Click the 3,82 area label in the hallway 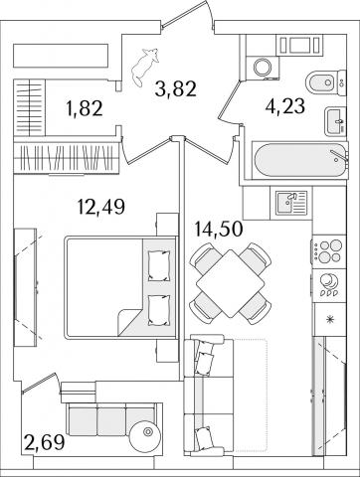[176, 89]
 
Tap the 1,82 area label [85, 108]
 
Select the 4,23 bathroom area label [285, 106]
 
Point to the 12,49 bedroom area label [101, 207]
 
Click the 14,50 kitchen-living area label [219, 230]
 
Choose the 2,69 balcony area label [44, 442]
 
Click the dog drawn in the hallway [145, 68]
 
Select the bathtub [299, 161]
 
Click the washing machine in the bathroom [263, 68]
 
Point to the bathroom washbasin [335, 121]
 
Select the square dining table [231, 283]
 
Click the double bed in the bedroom [120, 287]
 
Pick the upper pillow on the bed [159, 265]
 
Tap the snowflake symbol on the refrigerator [330, 320]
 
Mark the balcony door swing [40, 384]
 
